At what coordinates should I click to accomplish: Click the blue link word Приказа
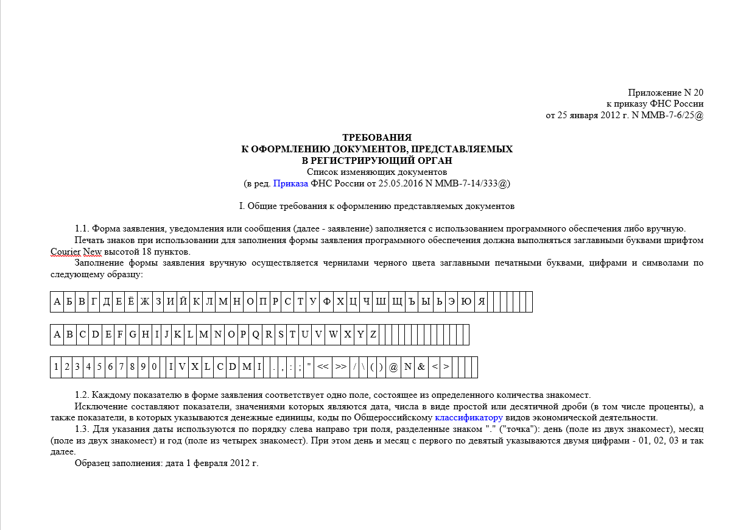click(290, 183)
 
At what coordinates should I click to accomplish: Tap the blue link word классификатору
click(468, 418)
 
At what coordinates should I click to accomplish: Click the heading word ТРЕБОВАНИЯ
click(377, 138)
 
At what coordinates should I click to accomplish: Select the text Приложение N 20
click(666, 93)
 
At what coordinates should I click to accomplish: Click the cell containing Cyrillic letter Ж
click(144, 302)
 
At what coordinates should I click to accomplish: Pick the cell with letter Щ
click(397, 302)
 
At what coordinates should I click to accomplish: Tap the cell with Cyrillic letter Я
click(481, 302)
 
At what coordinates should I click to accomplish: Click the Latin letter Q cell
click(256, 334)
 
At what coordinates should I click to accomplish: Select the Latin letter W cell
click(333, 334)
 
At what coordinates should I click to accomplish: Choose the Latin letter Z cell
click(373, 334)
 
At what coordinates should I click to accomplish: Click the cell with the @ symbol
click(393, 367)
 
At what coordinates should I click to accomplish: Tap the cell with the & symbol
click(421, 367)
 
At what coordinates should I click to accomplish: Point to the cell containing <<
click(323, 367)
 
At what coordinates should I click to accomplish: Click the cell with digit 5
click(99, 367)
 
